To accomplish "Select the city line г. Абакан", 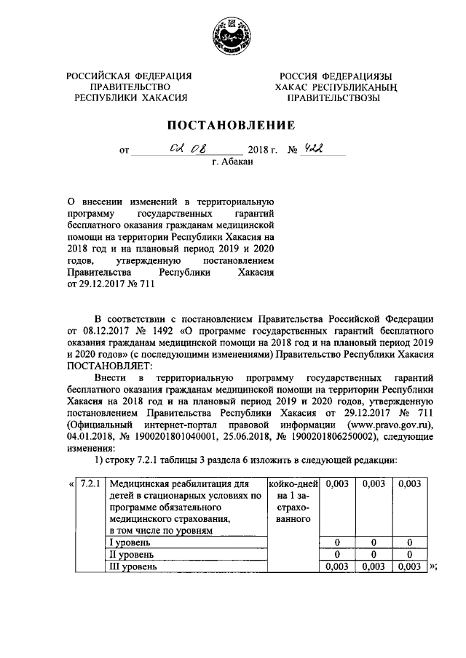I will point(232,163).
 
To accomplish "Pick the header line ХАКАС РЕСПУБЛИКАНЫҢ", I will point(333,87).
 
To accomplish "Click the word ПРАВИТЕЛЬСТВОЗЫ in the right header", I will point(333,98).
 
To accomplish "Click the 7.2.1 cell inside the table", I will point(92,484).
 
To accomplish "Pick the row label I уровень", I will point(130,542).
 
